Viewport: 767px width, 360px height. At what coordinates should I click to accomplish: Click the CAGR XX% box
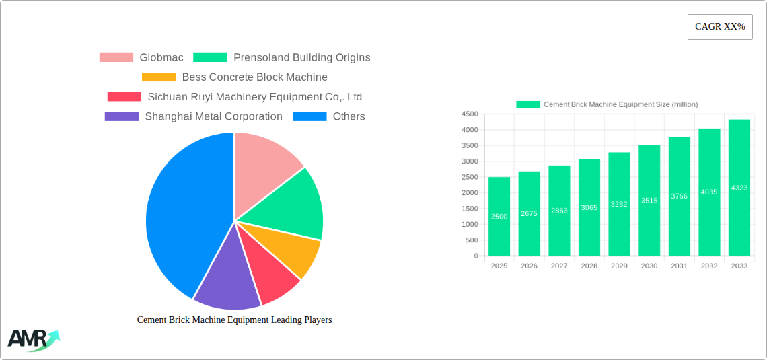pyautogui.click(x=720, y=27)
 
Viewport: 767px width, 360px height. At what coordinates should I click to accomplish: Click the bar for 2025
pyautogui.click(x=499, y=216)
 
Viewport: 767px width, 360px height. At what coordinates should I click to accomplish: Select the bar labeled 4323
pyautogui.click(x=739, y=188)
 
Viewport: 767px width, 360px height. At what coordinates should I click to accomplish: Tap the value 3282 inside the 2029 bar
pyautogui.click(x=619, y=204)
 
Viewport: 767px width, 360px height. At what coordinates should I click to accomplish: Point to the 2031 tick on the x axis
pyautogui.click(x=679, y=266)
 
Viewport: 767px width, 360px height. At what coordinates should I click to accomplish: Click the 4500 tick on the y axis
pyautogui.click(x=470, y=114)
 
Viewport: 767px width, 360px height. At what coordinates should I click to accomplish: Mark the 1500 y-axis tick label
pyautogui.click(x=470, y=209)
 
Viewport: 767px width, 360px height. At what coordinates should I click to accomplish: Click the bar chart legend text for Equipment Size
pyautogui.click(x=620, y=104)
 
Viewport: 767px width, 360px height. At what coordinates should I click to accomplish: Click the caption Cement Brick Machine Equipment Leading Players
pyautogui.click(x=234, y=320)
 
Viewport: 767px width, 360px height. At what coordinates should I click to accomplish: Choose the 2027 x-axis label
pyautogui.click(x=559, y=266)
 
